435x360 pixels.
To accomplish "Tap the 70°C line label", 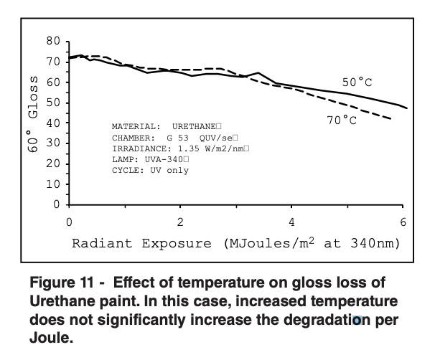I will click(x=342, y=120).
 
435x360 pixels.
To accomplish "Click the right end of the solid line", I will click(x=407, y=108).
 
